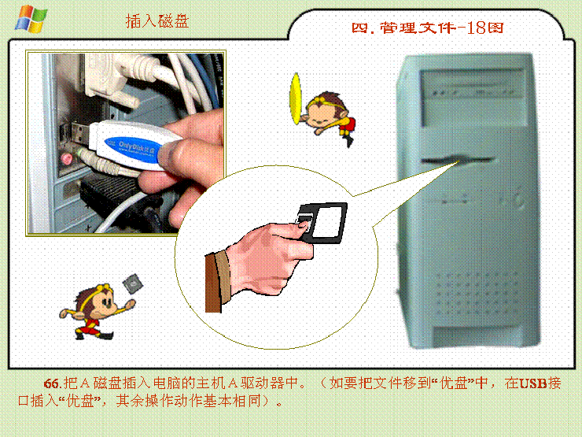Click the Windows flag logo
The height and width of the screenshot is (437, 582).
tap(31, 19)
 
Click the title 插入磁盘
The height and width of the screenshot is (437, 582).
tap(157, 21)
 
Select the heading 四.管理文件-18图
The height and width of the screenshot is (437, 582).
tap(427, 28)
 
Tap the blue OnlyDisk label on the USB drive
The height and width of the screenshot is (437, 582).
tap(133, 150)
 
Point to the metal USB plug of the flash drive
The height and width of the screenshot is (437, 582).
tap(79, 133)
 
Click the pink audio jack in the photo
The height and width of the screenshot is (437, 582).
tap(66, 159)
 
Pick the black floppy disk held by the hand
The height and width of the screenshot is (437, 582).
tap(322, 223)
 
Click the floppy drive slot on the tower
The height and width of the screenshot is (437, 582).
tap(458, 161)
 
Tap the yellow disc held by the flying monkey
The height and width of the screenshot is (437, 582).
tap(296, 98)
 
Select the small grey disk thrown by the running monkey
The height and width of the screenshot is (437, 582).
tap(132, 283)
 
